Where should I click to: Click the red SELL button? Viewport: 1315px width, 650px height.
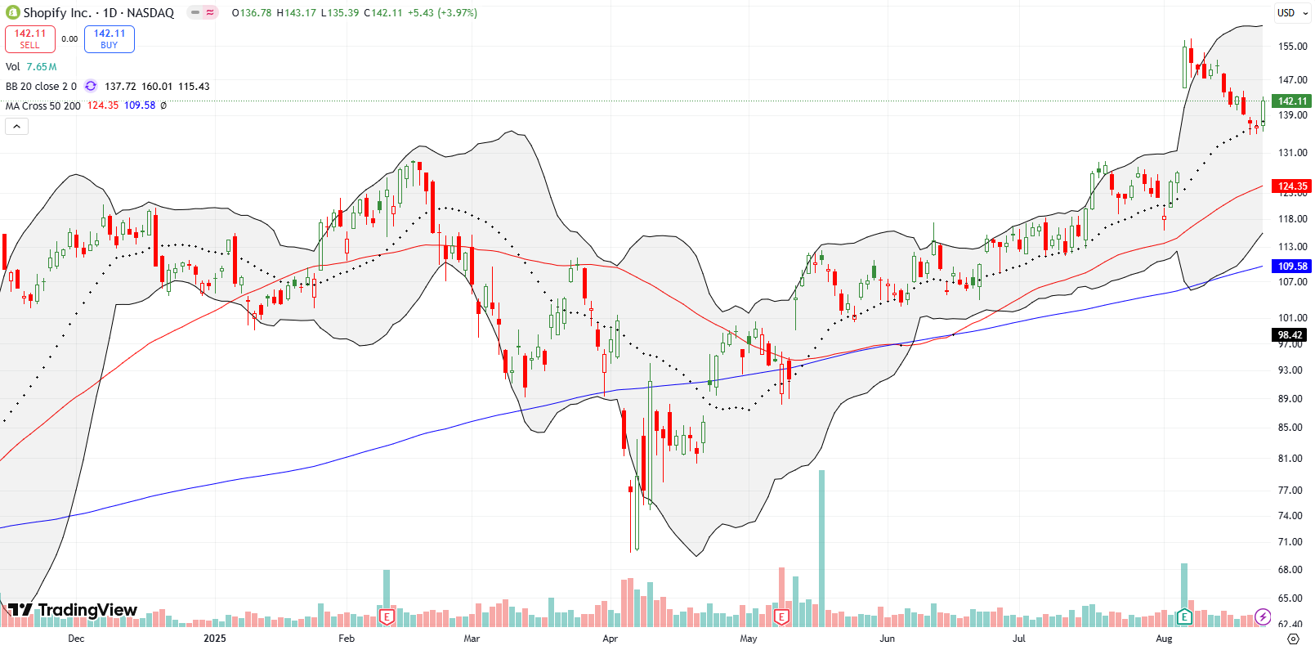[30, 38]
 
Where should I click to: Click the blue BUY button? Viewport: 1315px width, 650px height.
[110, 38]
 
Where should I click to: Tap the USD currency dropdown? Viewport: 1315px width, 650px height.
[1291, 13]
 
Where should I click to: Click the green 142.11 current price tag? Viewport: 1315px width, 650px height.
[1292, 101]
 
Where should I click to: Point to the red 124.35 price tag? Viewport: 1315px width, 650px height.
[1292, 186]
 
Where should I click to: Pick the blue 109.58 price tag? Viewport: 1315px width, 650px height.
[1292, 267]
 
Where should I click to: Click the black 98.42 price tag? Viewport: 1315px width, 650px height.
[1290, 335]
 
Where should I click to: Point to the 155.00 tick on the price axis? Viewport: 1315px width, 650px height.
[1292, 47]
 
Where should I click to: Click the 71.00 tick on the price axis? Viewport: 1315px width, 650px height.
[1290, 542]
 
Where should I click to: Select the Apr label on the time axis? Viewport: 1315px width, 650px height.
[610, 639]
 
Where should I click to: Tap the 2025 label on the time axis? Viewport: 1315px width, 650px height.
[214, 639]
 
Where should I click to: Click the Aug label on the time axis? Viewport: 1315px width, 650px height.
[1164, 639]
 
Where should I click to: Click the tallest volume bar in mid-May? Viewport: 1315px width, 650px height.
[821, 548]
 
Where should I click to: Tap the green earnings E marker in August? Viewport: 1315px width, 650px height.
[1183, 616]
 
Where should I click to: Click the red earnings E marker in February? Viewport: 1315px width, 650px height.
[387, 616]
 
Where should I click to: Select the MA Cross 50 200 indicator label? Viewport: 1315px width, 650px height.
[43, 105]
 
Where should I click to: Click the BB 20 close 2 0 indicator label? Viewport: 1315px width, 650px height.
[41, 87]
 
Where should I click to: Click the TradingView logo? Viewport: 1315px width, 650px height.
[74, 610]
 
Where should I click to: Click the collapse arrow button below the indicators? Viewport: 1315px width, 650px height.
[16, 126]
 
